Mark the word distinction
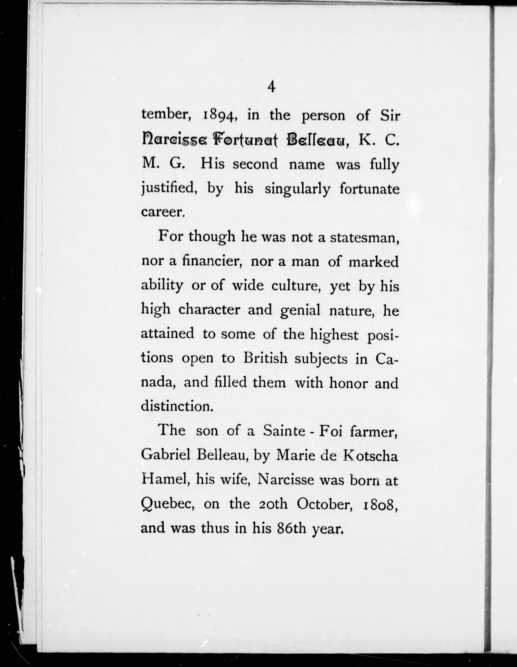click(176, 406)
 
